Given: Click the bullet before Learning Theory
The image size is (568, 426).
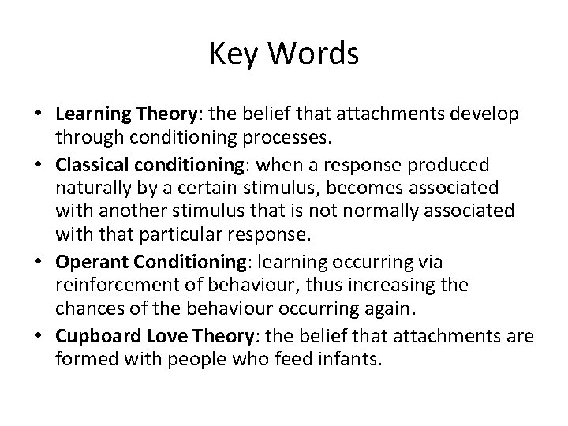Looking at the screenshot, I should (x=40, y=115).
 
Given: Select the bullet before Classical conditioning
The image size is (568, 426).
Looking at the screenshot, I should (x=40, y=164).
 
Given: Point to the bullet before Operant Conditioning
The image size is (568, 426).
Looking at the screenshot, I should (x=40, y=262).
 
